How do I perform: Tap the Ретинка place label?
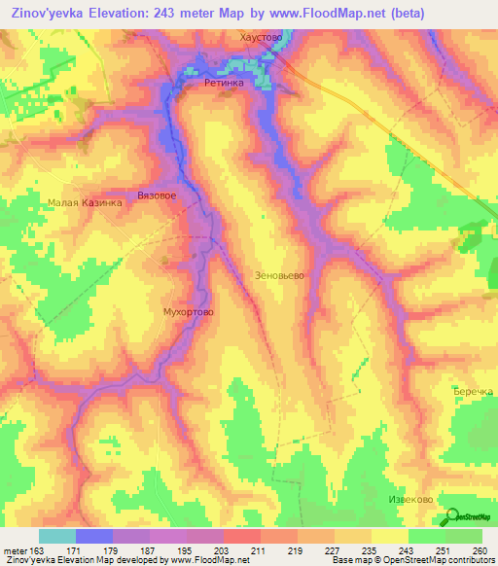(x=223, y=84)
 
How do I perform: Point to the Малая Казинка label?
(x=85, y=203)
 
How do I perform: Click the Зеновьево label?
(x=279, y=275)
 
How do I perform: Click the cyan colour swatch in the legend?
(x=56, y=536)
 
